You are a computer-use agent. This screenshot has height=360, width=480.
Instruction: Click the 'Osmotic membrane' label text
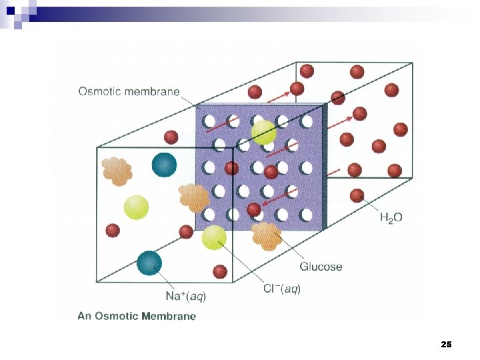point(129,92)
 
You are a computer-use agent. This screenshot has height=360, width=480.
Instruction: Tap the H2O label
point(391,217)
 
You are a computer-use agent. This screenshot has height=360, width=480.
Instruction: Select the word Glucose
point(321,267)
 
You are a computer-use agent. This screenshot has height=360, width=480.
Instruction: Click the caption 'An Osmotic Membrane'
point(137,316)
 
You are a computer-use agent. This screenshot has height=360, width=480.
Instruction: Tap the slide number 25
point(446,345)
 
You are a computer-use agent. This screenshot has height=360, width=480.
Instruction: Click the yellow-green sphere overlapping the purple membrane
point(264,132)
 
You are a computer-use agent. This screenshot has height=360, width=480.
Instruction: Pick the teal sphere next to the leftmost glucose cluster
point(164,165)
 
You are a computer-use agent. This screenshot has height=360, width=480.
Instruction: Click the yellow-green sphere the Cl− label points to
point(215,238)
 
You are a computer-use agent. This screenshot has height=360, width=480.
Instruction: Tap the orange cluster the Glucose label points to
point(266,236)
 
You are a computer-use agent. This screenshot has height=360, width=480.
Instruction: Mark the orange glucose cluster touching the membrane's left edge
point(194,197)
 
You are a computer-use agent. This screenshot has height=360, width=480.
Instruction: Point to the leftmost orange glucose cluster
point(117,171)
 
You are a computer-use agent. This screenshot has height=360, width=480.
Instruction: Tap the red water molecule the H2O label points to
point(357,195)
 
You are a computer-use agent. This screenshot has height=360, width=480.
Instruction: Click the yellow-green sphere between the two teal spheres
point(136,207)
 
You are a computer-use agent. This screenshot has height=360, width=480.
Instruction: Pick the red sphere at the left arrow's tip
point(253,210)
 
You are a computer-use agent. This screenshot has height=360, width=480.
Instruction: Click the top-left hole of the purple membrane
point(209,121)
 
